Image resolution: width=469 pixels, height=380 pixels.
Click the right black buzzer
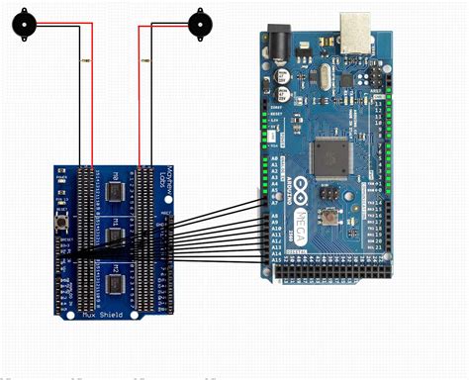click(x=201, y=21)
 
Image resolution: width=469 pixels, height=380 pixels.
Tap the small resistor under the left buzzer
click(x=81, y=61)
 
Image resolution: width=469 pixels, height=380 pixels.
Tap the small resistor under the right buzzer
click(x=145, y=61)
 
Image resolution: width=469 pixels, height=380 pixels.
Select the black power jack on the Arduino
click(x=279, y=46)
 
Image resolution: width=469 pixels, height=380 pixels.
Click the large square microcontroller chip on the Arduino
click(x=328, y=154)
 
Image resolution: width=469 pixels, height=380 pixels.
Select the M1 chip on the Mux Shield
click(x=115, y=238)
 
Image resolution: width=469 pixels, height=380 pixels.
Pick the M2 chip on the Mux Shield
click(x=115, y=284)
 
